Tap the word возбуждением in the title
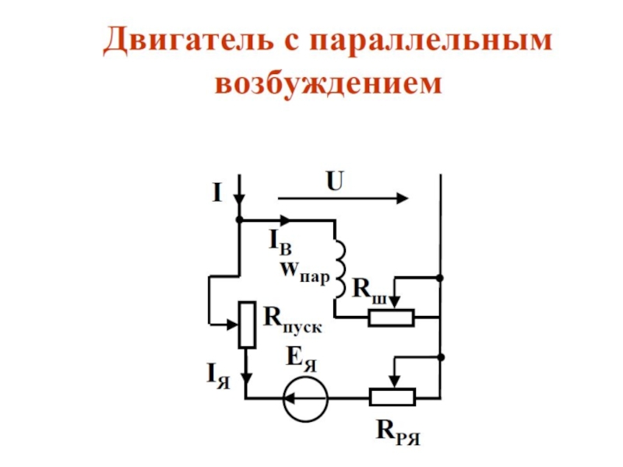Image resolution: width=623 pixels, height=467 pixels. (328, 83)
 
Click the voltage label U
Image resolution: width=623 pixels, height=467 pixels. (335, 181)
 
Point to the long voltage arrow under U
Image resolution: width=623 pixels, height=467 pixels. (343, 198)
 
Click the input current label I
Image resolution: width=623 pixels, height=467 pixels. (217, 193)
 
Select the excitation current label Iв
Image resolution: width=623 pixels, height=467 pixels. (280, 242)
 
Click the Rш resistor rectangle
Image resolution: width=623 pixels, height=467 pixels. (392, 318)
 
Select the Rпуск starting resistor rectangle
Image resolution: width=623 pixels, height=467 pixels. (247, 325)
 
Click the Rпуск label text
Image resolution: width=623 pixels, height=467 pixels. (293, 321)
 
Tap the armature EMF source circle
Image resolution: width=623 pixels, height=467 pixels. (306, 399)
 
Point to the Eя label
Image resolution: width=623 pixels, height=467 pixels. (302, 359)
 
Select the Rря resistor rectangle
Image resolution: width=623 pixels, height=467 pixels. (392, 397)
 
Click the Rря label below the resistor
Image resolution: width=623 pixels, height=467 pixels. (398, 432)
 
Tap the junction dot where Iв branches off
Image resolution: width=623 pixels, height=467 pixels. (239, 219)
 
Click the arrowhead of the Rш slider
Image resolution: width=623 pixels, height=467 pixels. (395, 304)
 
